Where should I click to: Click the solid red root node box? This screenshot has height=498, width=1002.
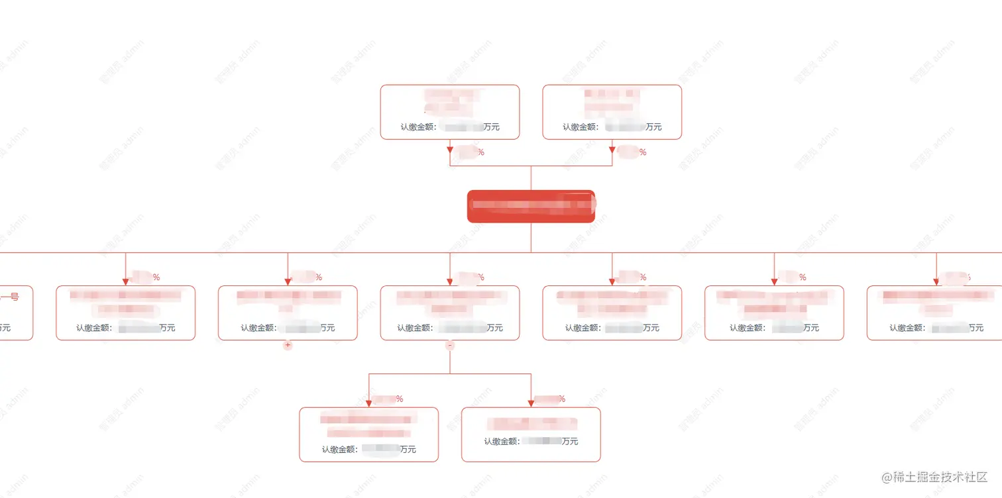pos(531,206)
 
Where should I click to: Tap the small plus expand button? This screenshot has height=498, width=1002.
pos(288,345)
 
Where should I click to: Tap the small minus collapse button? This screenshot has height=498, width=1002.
pos(450,345)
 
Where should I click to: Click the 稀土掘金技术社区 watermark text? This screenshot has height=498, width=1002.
pos(940,477)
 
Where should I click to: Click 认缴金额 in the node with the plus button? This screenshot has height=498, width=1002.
pos(258,328)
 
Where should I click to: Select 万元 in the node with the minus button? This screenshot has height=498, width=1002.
pos(494,328)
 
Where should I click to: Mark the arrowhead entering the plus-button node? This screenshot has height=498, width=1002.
pos(288,281)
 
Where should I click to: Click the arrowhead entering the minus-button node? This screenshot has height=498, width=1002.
pos(450,281)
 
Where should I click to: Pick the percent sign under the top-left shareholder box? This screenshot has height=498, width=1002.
pos(480,152)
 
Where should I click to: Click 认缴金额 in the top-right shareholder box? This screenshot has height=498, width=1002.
pos(580,127)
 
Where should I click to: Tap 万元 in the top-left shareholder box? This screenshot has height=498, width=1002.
pos(491,127)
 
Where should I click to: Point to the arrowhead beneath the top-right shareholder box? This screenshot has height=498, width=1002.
pos(612,150)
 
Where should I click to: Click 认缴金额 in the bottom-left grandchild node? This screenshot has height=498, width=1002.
pos(339,450)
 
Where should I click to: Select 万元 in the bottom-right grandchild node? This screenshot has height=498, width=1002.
pos(570,441)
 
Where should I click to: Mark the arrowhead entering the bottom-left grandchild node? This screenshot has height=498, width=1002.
pos(369,403)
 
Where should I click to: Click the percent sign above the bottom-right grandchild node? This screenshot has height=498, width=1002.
pos(562,399)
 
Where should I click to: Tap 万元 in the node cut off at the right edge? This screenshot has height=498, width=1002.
pos(976,328)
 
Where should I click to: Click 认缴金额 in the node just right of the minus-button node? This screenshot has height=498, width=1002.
pos(583,328)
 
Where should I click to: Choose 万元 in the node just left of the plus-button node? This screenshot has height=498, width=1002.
pos(167,328)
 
